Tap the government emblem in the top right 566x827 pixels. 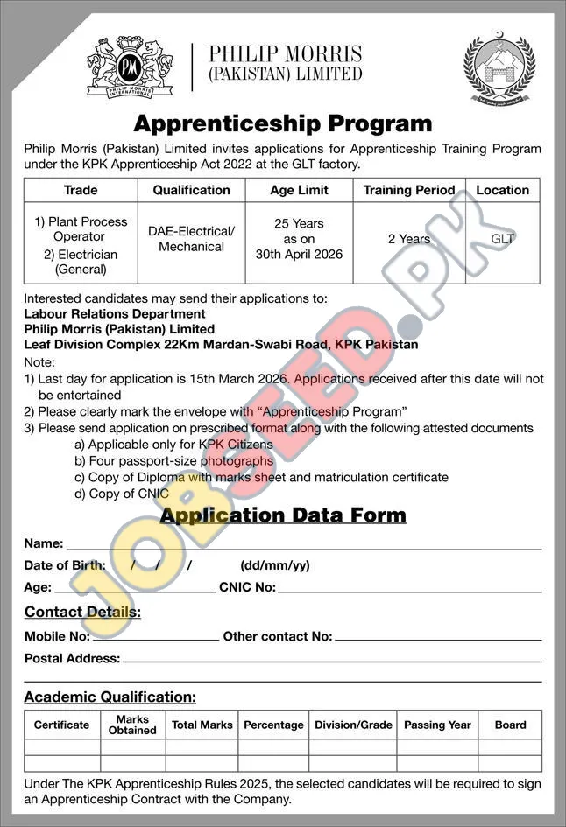499,70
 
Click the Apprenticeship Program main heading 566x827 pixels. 283,123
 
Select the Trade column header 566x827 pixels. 81,190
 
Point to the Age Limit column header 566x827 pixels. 300,190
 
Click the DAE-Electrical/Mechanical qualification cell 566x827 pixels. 191,239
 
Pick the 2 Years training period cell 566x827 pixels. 409,239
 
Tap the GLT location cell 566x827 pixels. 502,238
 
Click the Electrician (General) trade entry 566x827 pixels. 80,262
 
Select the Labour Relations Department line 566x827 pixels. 115,313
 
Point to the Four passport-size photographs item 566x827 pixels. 173,461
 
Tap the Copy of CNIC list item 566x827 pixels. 122,494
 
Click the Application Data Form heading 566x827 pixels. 283,515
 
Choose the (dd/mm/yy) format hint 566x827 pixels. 274,565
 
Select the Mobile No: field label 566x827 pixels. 57,636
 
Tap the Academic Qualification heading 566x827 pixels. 110,697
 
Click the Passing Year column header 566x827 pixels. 437,725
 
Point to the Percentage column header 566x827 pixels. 273,725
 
